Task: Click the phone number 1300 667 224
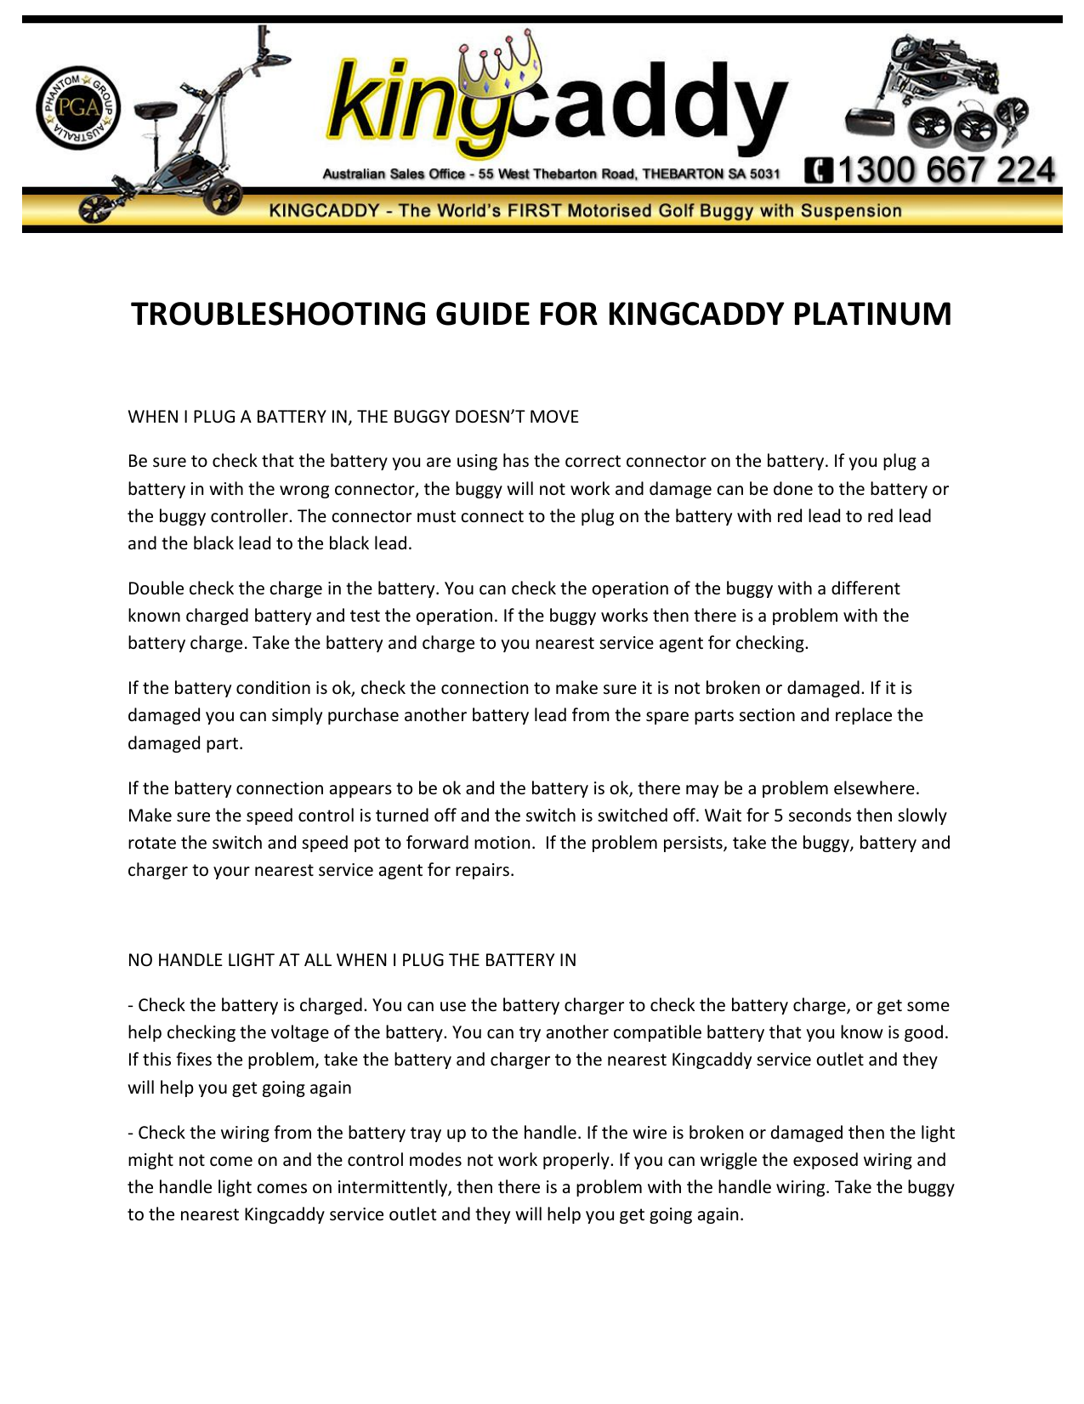[x=946, y=170]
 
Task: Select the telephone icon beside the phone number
[x=819, y=171]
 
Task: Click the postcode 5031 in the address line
[x=764, y=174]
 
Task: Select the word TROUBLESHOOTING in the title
[x=278, y=314]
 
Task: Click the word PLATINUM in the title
[x=871, y=314]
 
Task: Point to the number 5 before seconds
[x=778, y=816]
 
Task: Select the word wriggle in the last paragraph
[x=768, y=1160]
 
